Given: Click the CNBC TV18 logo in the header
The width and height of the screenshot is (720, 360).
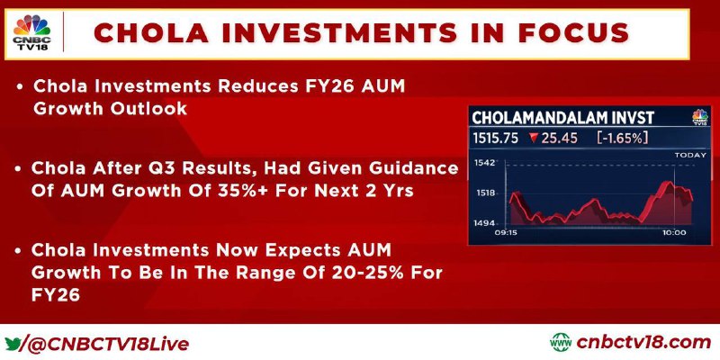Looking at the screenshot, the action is click(x=31, y=33).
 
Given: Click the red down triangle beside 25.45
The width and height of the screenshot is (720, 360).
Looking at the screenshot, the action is click(x=534, y=138).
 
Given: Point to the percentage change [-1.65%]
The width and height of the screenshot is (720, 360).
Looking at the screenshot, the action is click(x=622, y=138).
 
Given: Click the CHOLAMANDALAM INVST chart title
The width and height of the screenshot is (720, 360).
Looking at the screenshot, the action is click(x=562, y=118).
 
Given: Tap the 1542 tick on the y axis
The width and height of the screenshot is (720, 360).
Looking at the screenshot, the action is click(x=484, y=162).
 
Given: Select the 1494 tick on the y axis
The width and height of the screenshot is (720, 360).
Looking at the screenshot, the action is click(x=484, y=223).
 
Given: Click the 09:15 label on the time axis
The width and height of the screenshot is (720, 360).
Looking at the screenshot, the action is click(x=506, y=233).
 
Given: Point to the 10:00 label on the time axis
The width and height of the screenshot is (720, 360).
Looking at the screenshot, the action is click(x=674, y=233).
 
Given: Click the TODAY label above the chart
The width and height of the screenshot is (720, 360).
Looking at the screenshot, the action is click(x=690, y=155).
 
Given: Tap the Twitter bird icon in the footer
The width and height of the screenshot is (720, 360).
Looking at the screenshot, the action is click(x=13, y=344).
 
